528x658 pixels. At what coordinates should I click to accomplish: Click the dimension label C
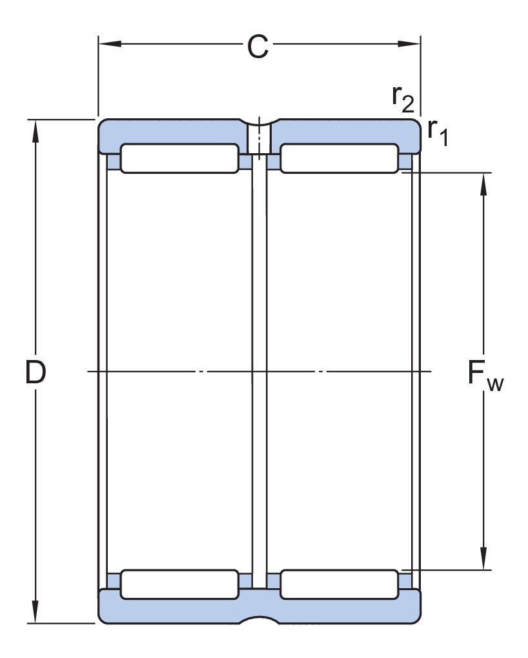[258, 47]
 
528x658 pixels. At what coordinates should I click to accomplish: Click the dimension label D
[36, 372]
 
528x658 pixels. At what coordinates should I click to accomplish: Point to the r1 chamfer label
[437, 132]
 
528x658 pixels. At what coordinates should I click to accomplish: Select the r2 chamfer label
[402, 99]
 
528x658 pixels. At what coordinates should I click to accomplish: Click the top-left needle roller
[179, 159]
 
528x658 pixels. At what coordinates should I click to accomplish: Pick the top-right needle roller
[339, 159]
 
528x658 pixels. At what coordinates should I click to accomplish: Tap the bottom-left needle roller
[179, 584]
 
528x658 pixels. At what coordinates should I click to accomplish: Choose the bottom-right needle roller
[339, 584]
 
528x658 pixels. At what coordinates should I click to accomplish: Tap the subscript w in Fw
[495, 385]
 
